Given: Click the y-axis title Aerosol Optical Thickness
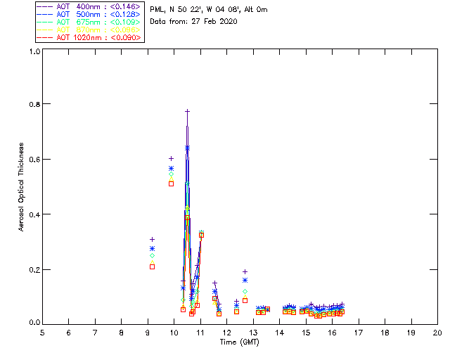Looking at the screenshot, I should (22, 187).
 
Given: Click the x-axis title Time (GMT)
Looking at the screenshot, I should (239, 342).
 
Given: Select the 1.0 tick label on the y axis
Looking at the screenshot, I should (32, 51).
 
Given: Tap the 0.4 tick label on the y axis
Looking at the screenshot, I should (32, 214).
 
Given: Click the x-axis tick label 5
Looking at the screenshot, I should (42, 332).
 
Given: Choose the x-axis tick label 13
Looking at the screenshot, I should (253, 332).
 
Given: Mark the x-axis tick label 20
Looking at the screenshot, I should (437, 332).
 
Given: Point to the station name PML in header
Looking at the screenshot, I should (157, 10).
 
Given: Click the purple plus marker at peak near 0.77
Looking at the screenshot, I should (187, 111).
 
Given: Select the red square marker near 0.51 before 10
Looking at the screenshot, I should (171, 184).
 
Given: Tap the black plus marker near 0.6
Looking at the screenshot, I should (171, 158).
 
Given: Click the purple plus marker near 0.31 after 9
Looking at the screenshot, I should (152, 240).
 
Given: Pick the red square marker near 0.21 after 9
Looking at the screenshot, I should (152, 266).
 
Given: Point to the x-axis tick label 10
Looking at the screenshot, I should (174, 332).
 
